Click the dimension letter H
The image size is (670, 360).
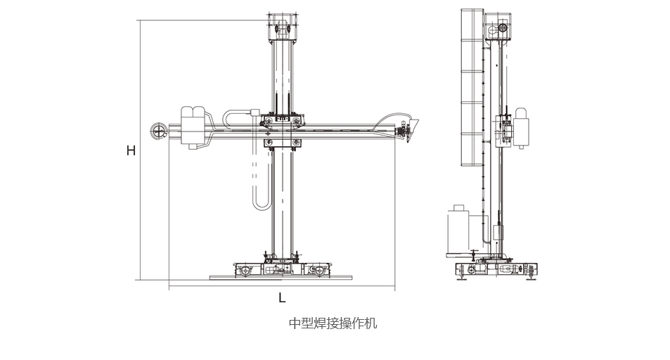coord(131,150)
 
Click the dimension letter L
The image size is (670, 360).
coord(282,297)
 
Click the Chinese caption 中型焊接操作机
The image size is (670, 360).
coord(333,323)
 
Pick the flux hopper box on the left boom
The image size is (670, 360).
coord(193,127)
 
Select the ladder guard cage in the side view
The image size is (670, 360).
coord(472,88)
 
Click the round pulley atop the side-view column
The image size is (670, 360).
coord(503,29)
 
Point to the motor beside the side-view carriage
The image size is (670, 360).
coord(522,128)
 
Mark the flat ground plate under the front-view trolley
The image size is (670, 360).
coord(281,278)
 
